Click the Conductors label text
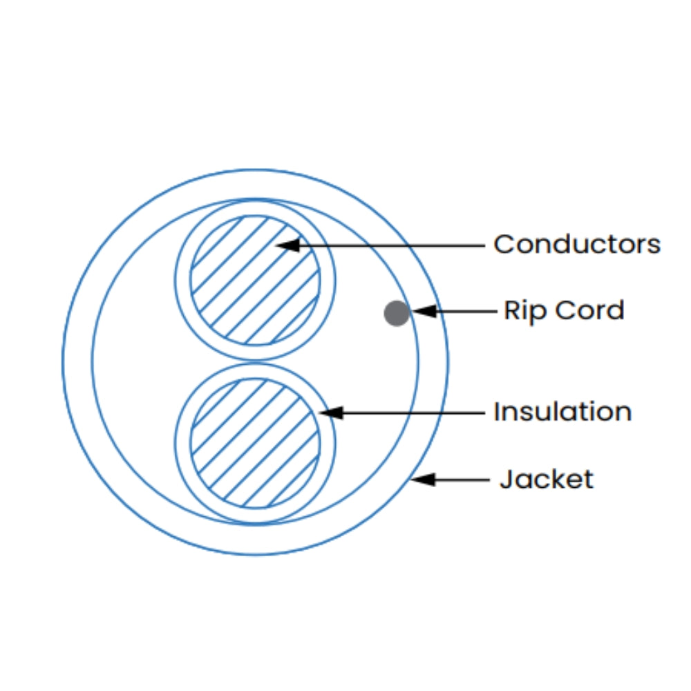point(576,244)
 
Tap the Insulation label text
point(562,412)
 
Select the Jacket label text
point(546,479)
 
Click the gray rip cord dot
point(397,313)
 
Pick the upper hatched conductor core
point(255,279)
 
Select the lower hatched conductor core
point(255,442)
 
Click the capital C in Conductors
point(503,244)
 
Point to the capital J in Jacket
point(505,479)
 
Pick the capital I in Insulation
point(497,412)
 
